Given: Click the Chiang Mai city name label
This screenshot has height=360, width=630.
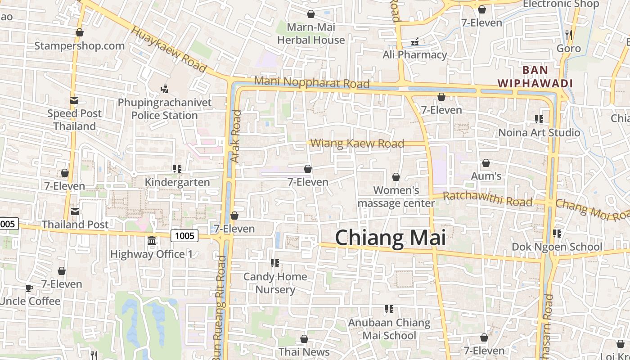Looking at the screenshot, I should pos(390,237).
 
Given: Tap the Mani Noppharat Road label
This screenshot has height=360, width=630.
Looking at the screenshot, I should pos(311,82).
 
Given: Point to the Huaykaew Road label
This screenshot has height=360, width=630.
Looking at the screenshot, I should pos(169,49).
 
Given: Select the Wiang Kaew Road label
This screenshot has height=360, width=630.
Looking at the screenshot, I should pos(357,144).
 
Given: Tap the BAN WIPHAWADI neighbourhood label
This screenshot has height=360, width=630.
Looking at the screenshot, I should pos(535,76).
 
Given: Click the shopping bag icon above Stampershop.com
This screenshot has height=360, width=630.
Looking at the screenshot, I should pos(80,32).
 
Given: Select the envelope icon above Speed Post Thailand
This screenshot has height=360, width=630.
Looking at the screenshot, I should pos(74,100).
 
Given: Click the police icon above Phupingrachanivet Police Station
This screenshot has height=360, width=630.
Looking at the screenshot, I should pos(165,89).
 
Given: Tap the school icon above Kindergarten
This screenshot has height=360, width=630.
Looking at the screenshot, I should pos(177,169).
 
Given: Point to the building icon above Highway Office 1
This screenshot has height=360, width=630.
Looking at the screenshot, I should pos(152,241).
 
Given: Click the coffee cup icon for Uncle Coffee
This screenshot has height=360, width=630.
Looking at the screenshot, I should pos(29,288).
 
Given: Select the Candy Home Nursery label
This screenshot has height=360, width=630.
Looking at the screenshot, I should pos(275,283).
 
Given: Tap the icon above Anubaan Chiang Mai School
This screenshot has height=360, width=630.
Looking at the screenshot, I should pos(389,309).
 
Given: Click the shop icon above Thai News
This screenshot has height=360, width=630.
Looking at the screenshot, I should pos(304,339).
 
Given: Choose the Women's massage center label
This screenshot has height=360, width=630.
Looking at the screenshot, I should pos(396,197).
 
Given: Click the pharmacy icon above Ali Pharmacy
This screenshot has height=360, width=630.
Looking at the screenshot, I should pos(415,42).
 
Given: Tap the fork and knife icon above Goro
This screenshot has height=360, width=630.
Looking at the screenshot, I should pos(568,35).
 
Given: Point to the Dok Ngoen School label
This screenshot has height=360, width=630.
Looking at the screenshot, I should pos(557,247).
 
